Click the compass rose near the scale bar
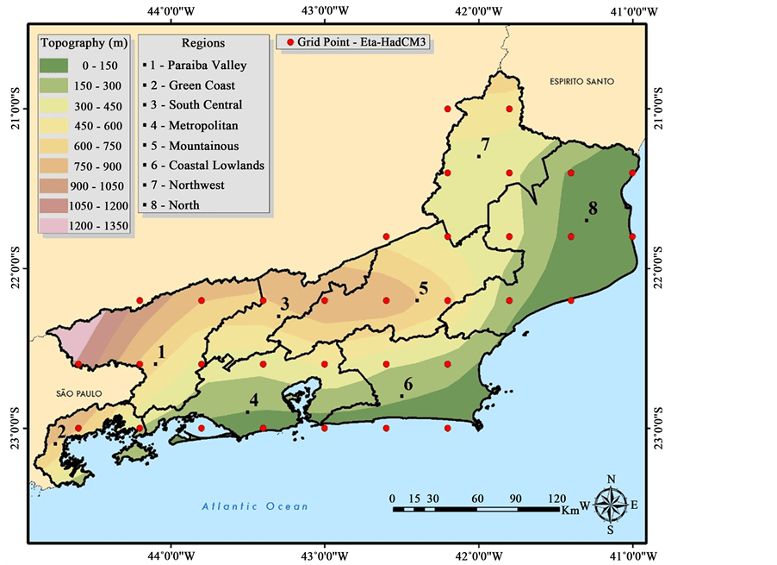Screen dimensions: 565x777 coord(610,504)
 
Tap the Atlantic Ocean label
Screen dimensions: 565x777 coord(255,506)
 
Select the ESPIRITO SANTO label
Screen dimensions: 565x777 coord(582,81)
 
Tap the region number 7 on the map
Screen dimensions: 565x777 coord(485,144)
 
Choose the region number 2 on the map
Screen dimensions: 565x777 coord(60,431)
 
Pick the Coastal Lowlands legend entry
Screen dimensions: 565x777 coord(215,165)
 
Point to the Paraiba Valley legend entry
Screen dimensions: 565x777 coord(207,65)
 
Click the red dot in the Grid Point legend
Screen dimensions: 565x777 coord(290,42)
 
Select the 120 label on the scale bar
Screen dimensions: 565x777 coord(557,498)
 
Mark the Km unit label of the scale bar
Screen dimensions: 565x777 coord(570,510)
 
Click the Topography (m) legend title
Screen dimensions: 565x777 coord(84,42)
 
